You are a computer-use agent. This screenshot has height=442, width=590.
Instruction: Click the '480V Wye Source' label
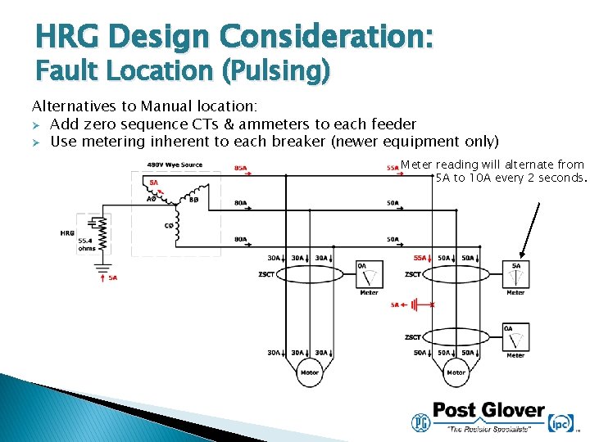pyautogui.click(x=175, y=165)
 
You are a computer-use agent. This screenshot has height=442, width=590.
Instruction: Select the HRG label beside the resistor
pyautogui.click(x=67, y=233)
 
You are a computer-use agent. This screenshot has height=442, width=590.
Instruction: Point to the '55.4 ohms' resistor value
pyautogui.click(x=87, y=244)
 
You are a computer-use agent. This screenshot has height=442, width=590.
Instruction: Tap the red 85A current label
pyautogui.click(x=241, y=168)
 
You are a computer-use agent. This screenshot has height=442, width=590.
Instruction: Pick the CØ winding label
pyautogui.click(x=169, y=226)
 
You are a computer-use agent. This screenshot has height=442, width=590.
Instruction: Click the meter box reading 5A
pyautogui.click(x=515, y=274)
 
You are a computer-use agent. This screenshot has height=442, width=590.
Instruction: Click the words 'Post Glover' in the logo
pyautogui.click(x=488, y=409)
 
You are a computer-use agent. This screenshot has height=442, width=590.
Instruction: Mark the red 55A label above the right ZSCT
pyautogui.click(x=420, y=256)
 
